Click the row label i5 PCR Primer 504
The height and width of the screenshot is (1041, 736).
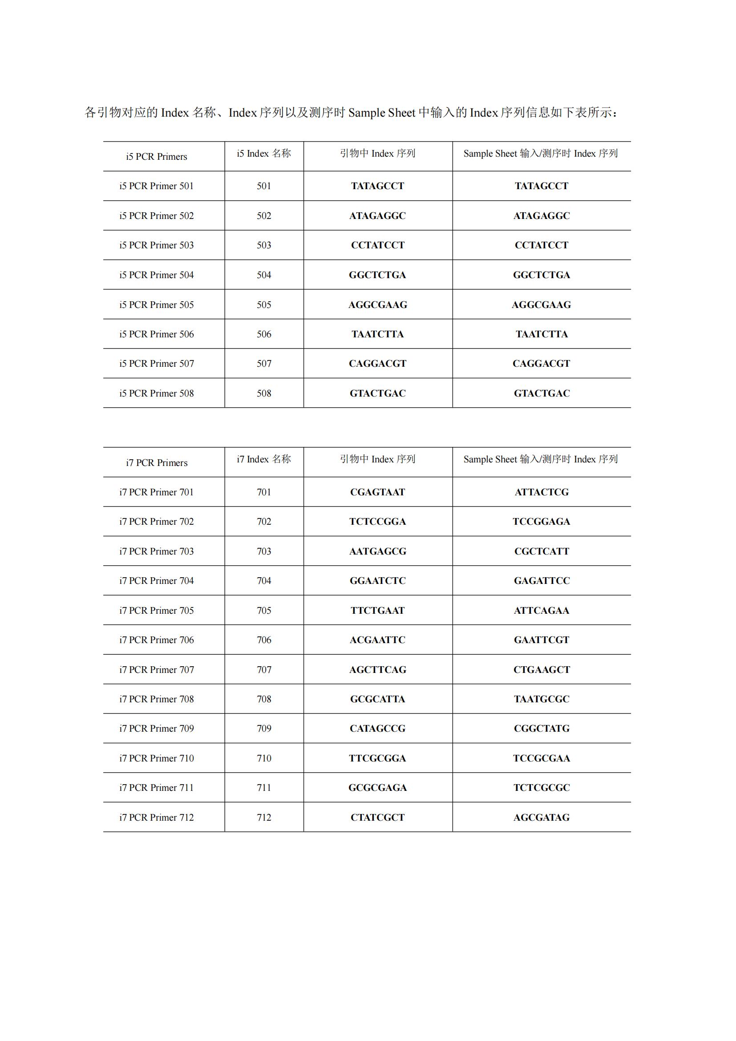[156, 275]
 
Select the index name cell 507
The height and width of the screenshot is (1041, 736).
[264, 364]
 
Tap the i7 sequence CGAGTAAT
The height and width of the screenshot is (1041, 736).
[377, 492]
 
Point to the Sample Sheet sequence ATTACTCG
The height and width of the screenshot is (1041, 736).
[541, 492]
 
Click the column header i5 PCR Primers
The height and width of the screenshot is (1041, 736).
[156, 156]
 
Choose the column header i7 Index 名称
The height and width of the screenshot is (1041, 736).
[264, 459]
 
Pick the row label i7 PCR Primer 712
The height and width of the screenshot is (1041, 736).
[156, 818]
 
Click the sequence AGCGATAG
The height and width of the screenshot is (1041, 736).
[541, 818]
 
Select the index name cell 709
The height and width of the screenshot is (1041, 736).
[264, 729]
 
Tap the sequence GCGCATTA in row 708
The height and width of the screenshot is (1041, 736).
[377, 699]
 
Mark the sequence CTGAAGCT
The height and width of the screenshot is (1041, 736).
[541, 670]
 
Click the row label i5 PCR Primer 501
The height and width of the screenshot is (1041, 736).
[156, 186]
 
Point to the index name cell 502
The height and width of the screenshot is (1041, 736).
[264, 216]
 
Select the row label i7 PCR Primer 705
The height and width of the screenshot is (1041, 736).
[156, 611]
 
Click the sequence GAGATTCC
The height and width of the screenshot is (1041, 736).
[541, 581]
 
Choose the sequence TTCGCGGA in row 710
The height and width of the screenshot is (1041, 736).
[377, 758]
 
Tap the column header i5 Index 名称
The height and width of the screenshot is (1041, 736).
[264, 154]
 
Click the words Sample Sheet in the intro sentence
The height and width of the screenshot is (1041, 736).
[381, 113]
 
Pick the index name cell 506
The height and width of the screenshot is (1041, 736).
[264, 334]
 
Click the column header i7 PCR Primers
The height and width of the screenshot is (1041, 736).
[156, 463]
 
